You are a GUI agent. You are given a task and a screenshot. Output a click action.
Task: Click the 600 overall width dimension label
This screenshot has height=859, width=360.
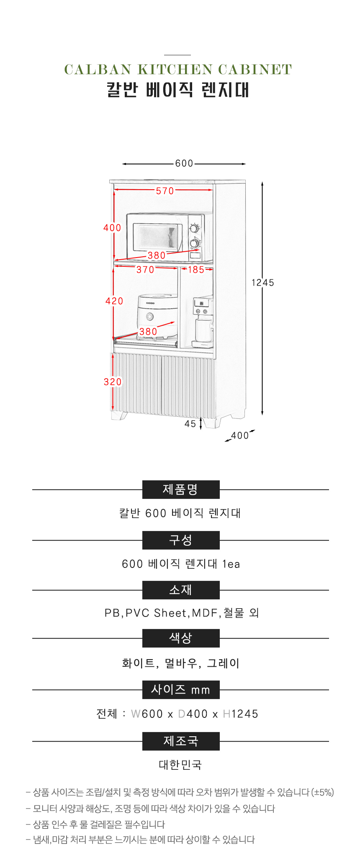tap(184, 163)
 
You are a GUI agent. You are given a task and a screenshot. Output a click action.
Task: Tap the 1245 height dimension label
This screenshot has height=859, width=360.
tap(263, 283)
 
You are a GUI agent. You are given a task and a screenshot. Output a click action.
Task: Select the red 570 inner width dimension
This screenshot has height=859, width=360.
tap(165, 191)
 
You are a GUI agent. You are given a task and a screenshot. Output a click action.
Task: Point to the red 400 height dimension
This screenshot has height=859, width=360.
tap(112, 227)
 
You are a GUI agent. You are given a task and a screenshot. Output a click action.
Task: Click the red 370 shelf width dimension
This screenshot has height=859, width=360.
tap(145, 270)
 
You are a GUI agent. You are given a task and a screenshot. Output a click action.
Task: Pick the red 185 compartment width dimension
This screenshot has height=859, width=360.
tap(196, 270)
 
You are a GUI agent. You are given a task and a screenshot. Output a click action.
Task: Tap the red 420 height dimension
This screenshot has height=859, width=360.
tap(114, 301)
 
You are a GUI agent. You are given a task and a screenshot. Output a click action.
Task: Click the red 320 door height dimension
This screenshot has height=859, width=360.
tap(113, 382)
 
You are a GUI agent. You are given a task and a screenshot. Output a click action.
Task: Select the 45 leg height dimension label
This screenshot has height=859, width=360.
tap(190, 424)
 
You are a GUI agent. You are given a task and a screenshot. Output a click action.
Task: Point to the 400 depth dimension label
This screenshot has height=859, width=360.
tap(240, 436)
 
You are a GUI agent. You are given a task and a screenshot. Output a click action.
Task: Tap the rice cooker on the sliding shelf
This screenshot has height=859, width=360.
tap(157, 316)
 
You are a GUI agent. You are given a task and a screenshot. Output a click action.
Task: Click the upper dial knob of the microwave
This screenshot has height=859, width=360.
tap(194, 228)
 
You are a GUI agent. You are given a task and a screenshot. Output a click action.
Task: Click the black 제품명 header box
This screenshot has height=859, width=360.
tap(181, 490)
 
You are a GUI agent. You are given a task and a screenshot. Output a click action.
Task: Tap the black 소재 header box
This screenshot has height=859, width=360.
tap(181, 590)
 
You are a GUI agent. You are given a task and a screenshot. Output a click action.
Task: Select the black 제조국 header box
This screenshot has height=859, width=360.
tap(181, 741)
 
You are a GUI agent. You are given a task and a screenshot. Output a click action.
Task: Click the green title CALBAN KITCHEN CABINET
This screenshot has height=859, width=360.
tap(178, 70)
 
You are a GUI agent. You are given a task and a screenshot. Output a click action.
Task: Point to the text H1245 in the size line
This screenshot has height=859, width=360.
tap(240, 714)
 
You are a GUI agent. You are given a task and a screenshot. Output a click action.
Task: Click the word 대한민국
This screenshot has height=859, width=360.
tap(180, 765)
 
